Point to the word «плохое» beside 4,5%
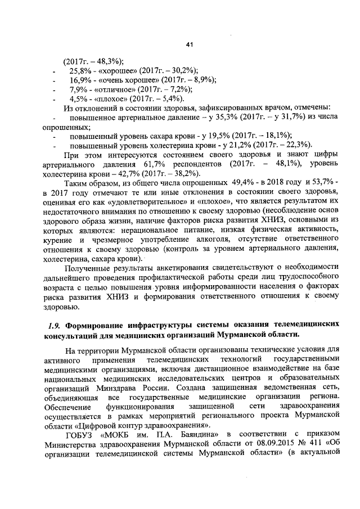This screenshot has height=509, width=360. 109,98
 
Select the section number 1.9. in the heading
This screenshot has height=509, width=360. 55,325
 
